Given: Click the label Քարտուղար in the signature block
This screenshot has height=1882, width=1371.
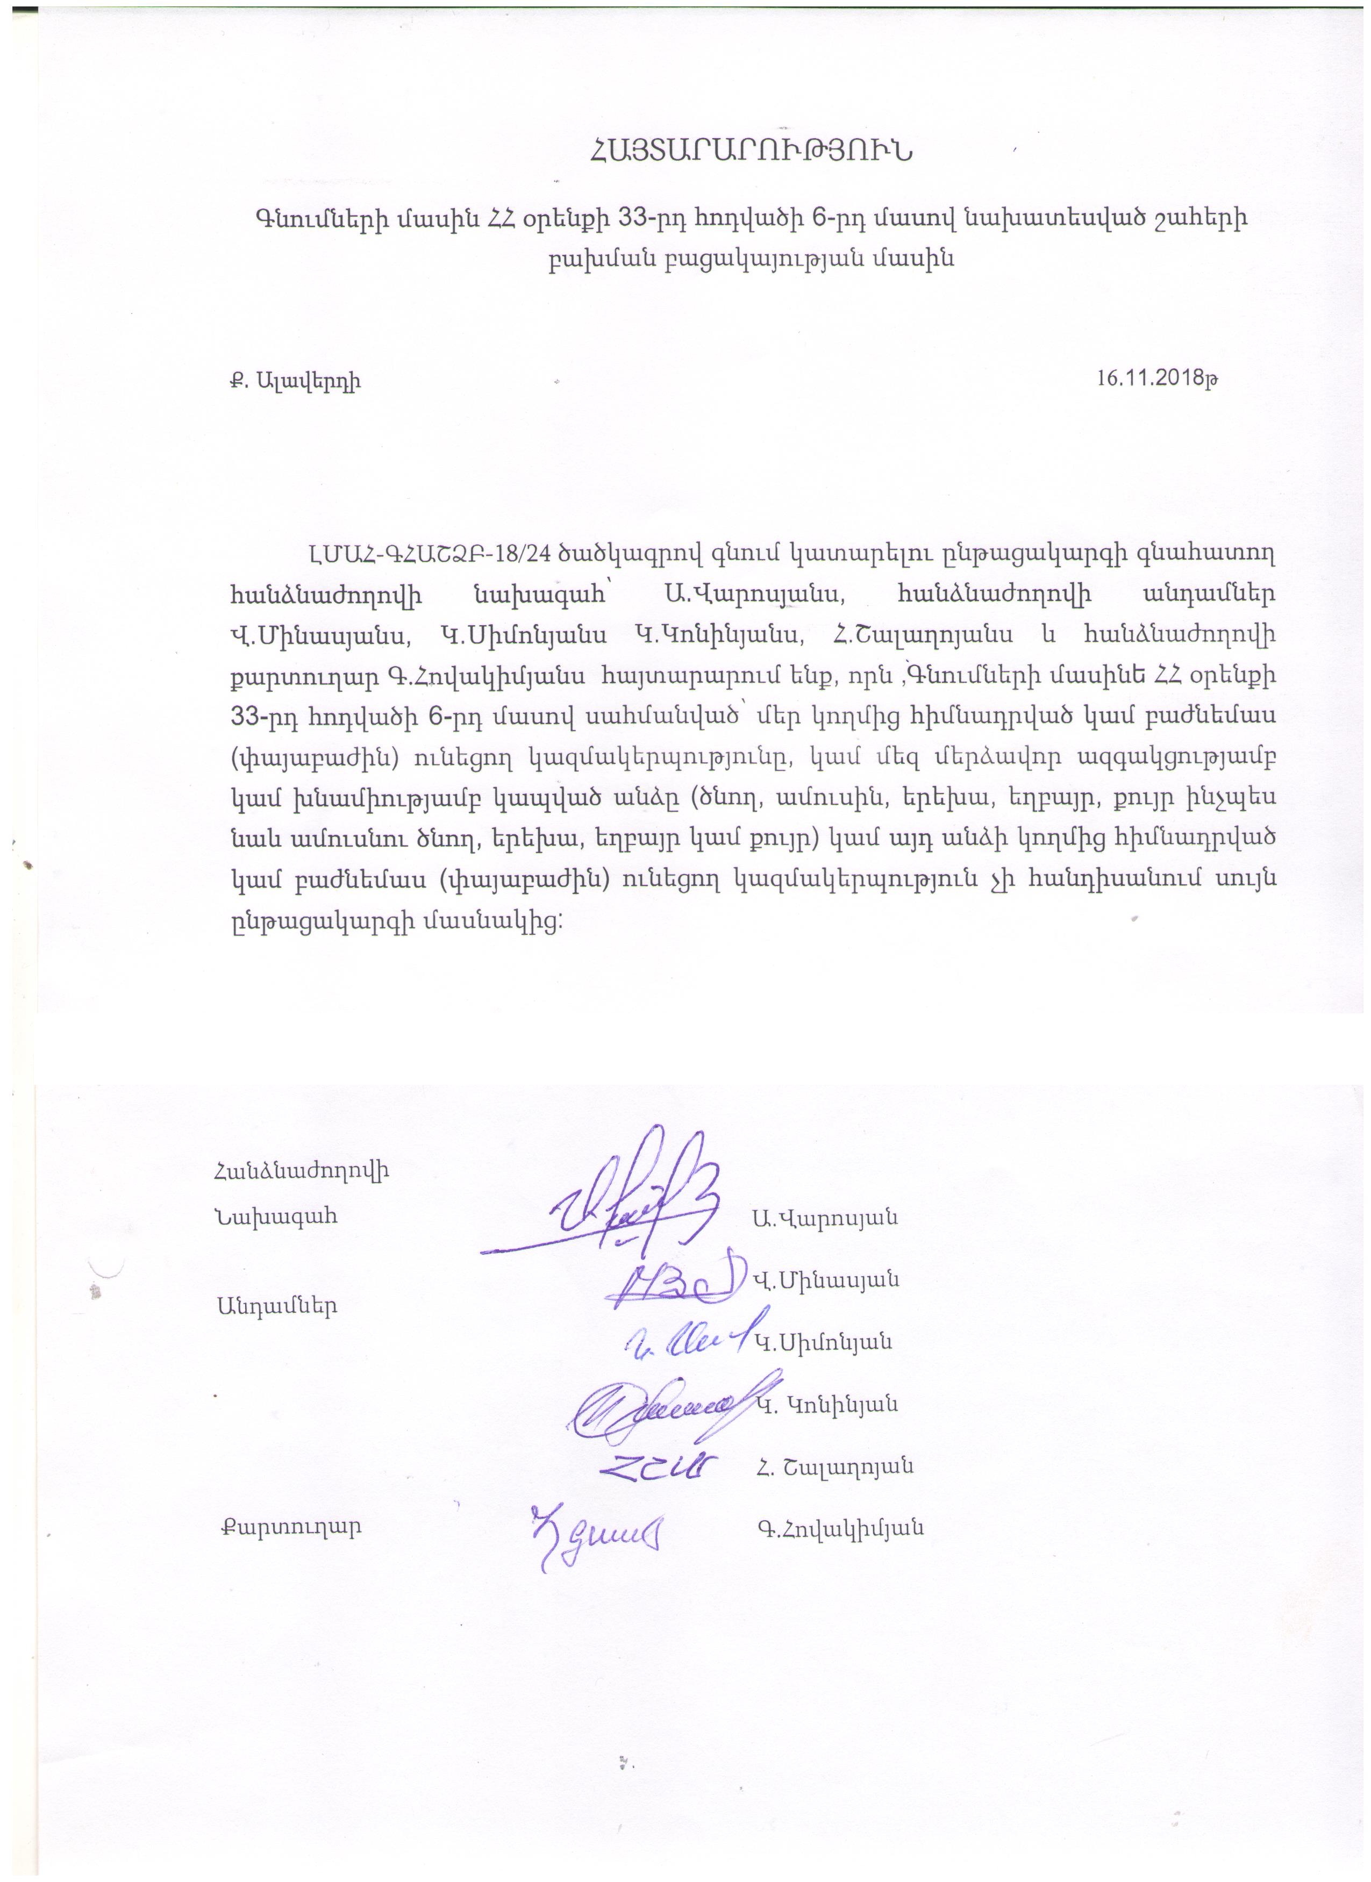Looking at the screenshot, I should pos(289,1528).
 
